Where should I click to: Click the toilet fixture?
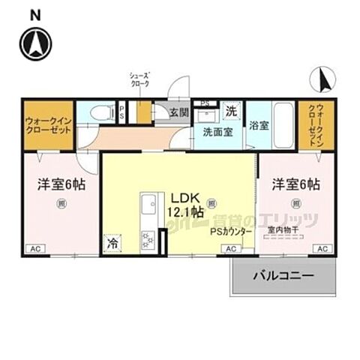coord(97,112)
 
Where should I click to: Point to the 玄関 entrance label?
coord(178,113)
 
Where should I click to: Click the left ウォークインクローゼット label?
coord(48,124)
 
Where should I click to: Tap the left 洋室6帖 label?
coord(57,184)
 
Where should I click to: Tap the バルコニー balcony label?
coord(283,277)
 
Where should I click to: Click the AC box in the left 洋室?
coord(35,249)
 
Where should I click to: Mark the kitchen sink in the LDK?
coord(148,204)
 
